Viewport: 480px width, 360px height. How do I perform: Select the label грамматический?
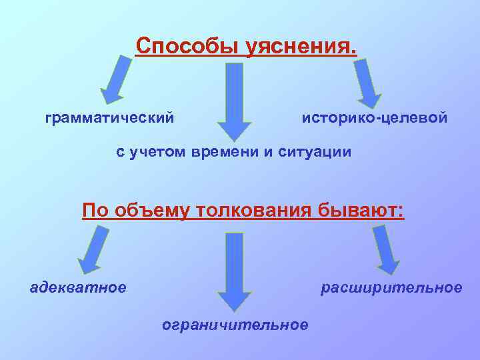(x=110, y=117)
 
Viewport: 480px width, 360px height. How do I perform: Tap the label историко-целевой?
(x=375, y=117)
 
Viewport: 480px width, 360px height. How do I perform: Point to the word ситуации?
(x=319, y=152)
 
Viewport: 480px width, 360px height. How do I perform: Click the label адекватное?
(x=78, y=287)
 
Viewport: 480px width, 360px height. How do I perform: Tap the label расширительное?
(x=391, y=287)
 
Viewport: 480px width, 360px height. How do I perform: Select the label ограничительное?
(x=235, y=325)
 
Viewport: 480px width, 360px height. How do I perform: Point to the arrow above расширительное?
(x=387, y=249)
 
